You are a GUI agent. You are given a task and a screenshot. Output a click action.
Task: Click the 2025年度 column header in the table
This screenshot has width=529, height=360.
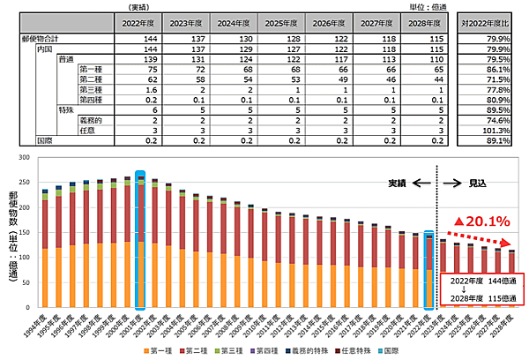point(281,24)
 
